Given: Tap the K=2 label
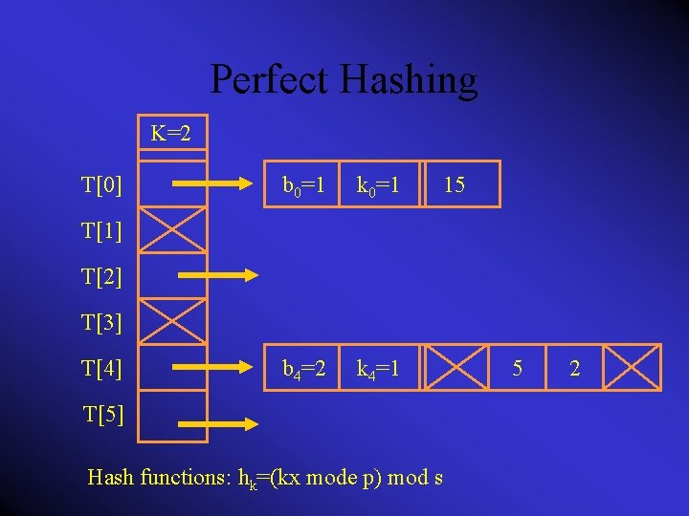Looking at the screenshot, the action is [171, 133].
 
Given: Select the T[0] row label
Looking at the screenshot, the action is [102, 184].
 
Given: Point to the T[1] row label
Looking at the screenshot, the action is [102, 230].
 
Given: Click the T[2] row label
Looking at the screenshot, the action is [102, 277].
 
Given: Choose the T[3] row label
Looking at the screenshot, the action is [102, 322].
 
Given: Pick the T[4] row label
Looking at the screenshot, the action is [102, 368].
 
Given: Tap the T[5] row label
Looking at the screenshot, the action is [102, 415].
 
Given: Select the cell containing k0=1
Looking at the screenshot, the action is [381, 184].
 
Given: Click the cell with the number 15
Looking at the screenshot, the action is [455, 184].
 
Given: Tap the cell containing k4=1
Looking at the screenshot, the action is [381, 368].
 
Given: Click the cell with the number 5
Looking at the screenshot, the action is [517, 368].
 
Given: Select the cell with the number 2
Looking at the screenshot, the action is [574, 368].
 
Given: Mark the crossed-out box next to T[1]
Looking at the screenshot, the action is [172, 230].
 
